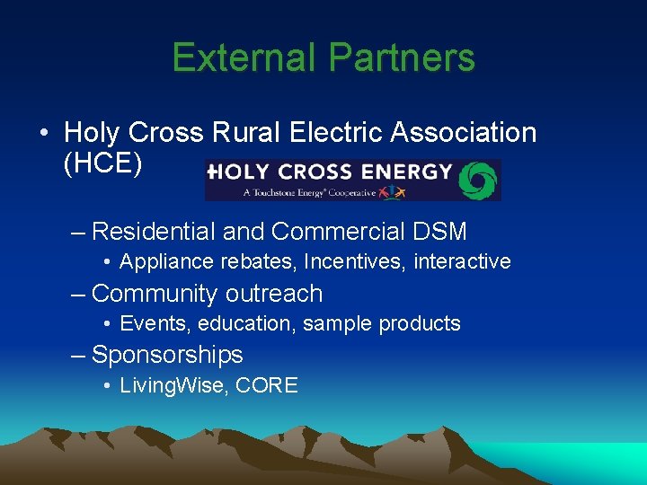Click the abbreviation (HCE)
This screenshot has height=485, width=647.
tap(103, 165)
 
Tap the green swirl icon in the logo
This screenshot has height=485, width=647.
tap(478, 180)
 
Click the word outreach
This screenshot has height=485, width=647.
tap(274, 294)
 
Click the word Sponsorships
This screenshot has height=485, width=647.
tap(168, 355)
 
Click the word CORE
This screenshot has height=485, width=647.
tap(269, 386)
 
